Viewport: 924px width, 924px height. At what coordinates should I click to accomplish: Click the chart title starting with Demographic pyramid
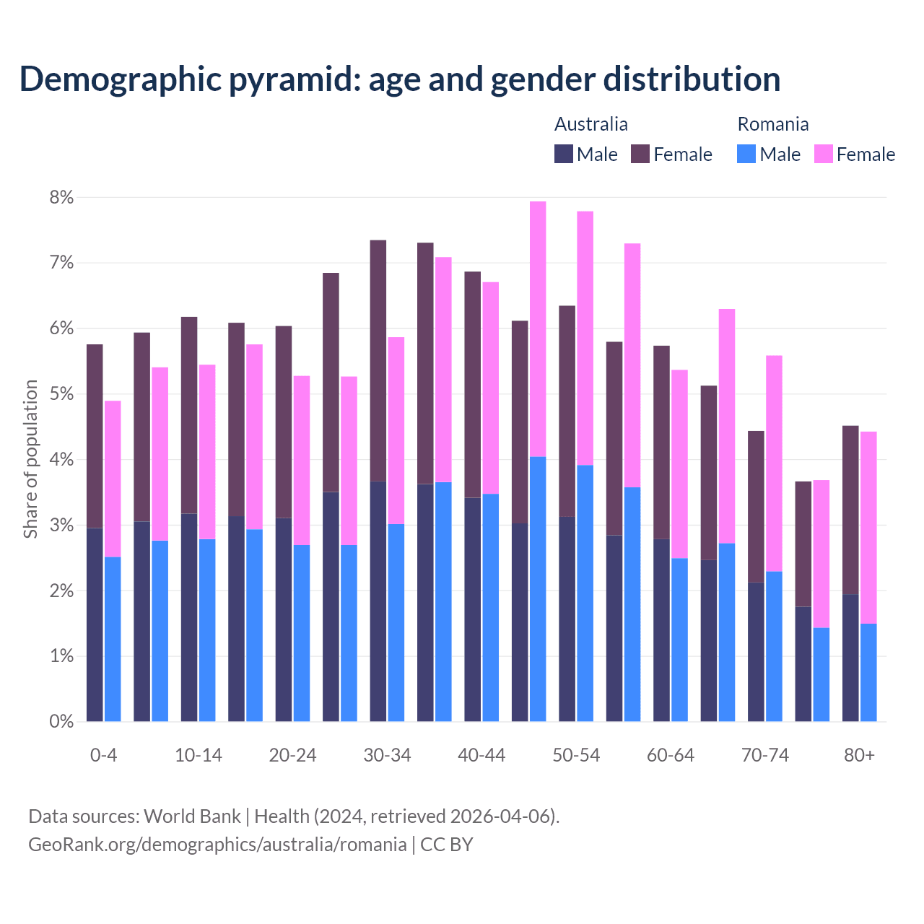[400, 79]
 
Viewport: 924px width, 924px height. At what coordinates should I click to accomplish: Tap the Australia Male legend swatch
[564, 154]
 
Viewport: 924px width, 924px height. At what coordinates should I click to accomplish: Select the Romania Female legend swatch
[823, 154]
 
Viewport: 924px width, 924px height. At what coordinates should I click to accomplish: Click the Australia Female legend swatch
[640, 154]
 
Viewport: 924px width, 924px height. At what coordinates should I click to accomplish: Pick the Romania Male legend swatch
[746, 154]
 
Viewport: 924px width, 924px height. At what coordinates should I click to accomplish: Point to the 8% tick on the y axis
[61, 197]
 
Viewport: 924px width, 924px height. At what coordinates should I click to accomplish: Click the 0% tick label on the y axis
[61, 721]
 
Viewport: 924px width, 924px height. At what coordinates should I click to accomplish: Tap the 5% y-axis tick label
[61, 394]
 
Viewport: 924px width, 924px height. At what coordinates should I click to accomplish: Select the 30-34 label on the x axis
[387, 755]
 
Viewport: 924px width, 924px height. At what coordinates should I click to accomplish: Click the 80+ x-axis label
[859, 755]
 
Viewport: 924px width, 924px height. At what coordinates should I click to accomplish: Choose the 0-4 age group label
[103, 755]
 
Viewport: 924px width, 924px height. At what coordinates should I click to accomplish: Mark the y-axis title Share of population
[31, 459]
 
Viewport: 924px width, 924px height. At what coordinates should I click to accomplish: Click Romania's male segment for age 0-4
[113, 639]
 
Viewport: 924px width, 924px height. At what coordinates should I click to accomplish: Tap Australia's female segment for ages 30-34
[378, 361]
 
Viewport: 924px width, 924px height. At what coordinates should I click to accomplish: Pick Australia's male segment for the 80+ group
[850, 658]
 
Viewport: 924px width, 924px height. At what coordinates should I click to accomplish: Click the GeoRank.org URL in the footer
[217, 844]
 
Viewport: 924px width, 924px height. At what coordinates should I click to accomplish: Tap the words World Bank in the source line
[192, 816]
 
